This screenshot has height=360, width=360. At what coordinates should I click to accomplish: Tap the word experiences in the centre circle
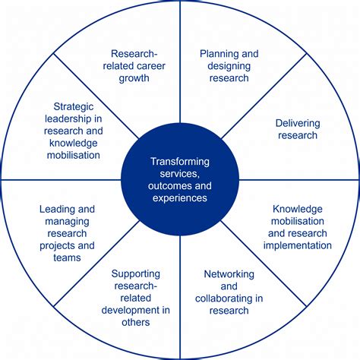point(180,197)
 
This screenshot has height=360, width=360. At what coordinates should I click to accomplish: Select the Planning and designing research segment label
point(229,65)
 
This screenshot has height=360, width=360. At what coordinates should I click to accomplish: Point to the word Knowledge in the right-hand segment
point(297,209)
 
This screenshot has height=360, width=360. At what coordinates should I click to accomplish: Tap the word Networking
point(229,274)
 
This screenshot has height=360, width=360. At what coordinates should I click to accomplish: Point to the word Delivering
point(293,123)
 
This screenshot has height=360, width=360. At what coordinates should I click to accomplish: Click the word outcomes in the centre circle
point(172,185)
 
